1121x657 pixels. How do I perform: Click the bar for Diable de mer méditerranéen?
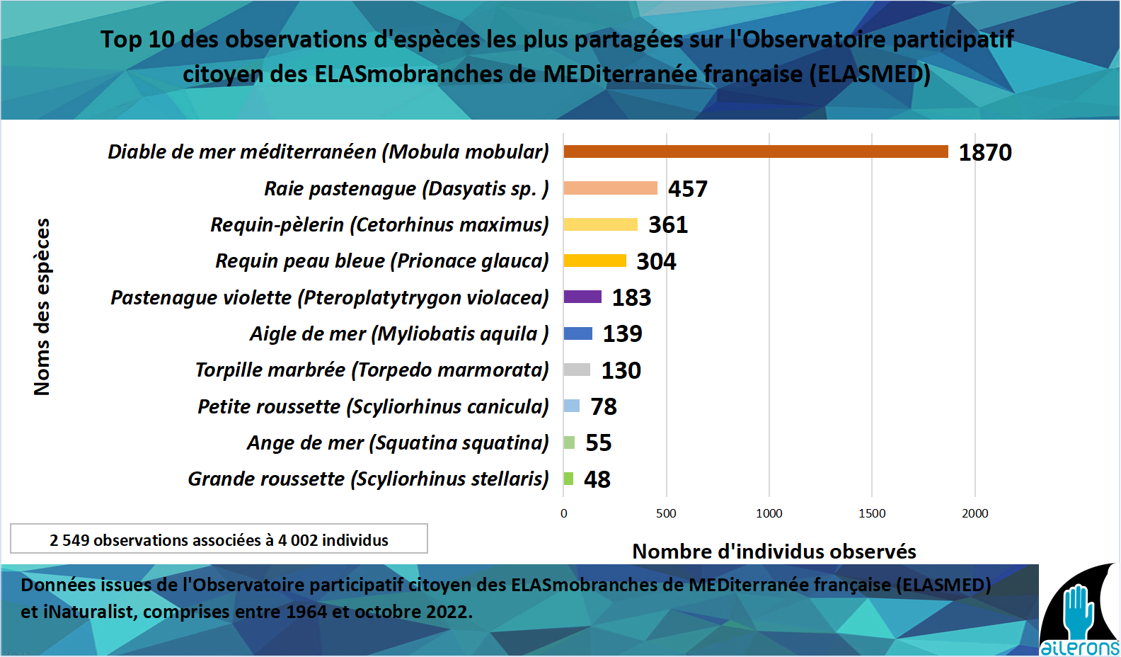755,152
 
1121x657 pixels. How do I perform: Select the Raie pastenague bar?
610,188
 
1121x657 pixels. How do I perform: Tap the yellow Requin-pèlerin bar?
600,224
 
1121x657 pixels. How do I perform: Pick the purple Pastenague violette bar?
582,297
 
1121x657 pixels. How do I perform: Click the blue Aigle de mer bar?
577,333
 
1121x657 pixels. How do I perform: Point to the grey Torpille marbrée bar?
577,370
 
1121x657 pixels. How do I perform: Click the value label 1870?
984,152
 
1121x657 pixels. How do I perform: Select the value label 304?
656,261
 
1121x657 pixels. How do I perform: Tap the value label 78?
604,406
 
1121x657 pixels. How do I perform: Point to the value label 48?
597,479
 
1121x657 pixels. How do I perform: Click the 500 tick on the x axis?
666,513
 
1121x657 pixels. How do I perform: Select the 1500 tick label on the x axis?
872,513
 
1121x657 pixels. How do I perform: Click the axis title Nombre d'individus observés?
774,552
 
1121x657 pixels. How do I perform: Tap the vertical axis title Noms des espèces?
42,307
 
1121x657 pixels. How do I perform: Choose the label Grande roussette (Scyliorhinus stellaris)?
368,479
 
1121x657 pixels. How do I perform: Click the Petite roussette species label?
373,406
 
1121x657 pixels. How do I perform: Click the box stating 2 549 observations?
219,539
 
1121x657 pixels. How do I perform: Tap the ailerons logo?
1079,613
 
